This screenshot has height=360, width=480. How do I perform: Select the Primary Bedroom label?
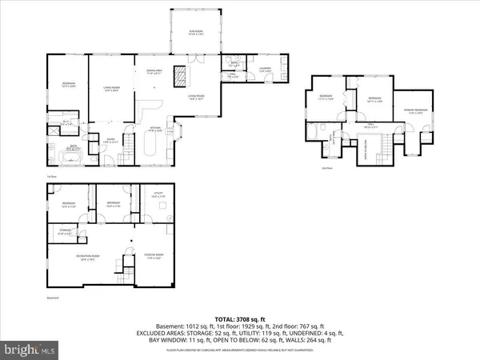(x=415, y=111)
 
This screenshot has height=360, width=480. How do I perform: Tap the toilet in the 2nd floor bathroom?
(x=318, y=133)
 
